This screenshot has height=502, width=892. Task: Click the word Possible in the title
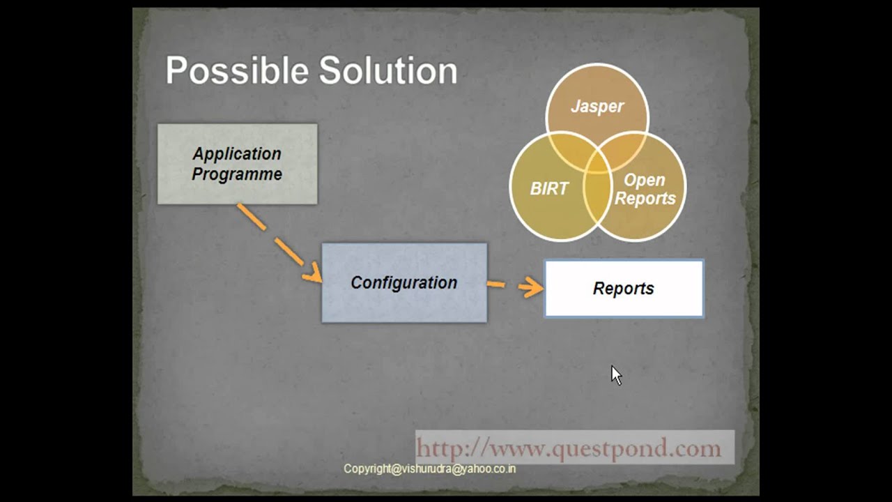[x=237, y=71]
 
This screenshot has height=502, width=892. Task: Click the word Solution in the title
[x=388, y=71]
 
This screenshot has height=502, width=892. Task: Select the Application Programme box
[x=237, y=164]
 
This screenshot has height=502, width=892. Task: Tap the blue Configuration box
[x=404, y=282]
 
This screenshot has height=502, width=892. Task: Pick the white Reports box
[x=624, y=289]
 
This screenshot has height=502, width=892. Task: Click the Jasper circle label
[x=597, y=107]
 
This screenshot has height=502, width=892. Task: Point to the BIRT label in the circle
[x=549, y=189]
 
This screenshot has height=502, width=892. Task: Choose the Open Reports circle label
[x=645, y=189]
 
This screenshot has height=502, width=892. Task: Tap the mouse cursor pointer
[x=616, y=374]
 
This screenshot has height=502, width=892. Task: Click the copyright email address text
[x=429, y=469]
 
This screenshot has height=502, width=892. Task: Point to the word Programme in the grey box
[x=237, y=174]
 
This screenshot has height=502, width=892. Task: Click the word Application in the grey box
[x=237, y=154]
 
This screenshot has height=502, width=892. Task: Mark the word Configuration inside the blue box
[x=404, y=282]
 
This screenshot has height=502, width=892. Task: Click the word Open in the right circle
[x=644, y=180]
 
